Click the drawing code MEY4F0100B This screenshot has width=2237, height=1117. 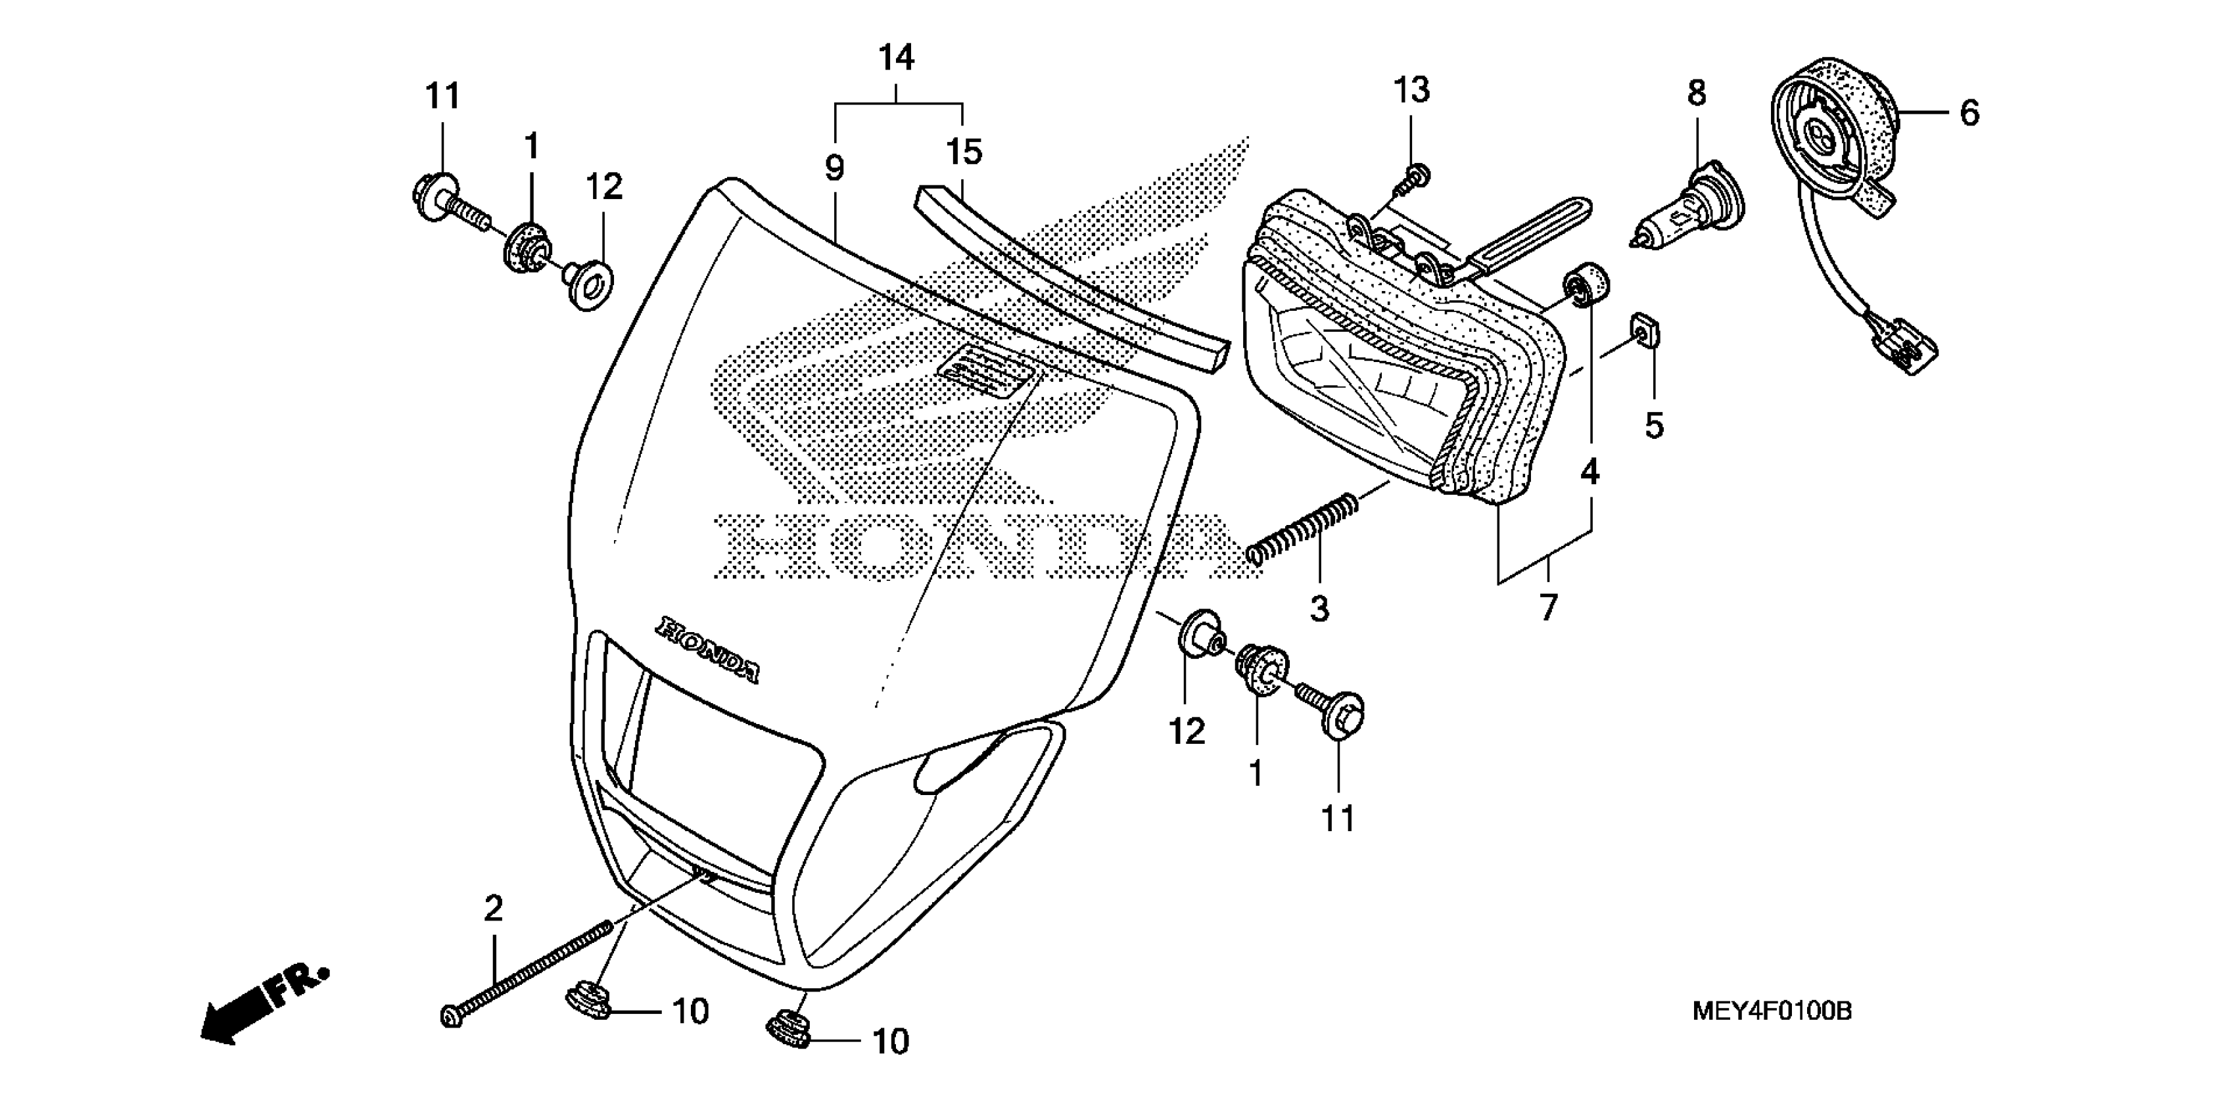[1772, 1011]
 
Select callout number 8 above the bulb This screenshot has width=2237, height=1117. [1697, 93]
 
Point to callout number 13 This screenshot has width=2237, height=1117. [1412, 89]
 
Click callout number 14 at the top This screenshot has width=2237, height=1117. [896, 58]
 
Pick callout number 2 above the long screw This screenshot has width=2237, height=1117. [493, 909]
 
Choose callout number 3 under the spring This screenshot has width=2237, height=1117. [1319, 608]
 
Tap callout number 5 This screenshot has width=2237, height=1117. [1655, 425]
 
